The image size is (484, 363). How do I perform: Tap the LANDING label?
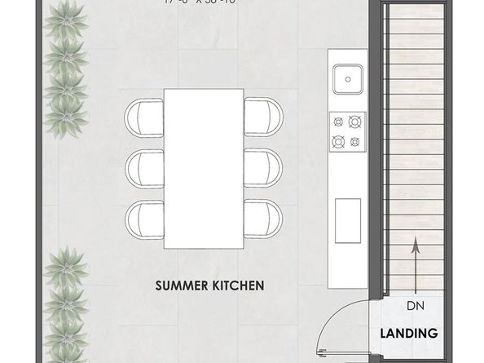(409, 333)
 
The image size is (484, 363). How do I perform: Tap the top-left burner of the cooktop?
(337, 122)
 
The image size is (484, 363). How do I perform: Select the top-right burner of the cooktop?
(354, 122)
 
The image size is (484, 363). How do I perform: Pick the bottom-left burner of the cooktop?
(337, 141)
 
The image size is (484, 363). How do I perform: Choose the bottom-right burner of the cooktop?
(354, 141)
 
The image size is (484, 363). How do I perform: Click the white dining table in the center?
(204, 168)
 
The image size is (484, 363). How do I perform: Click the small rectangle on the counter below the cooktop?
(348, 218)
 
